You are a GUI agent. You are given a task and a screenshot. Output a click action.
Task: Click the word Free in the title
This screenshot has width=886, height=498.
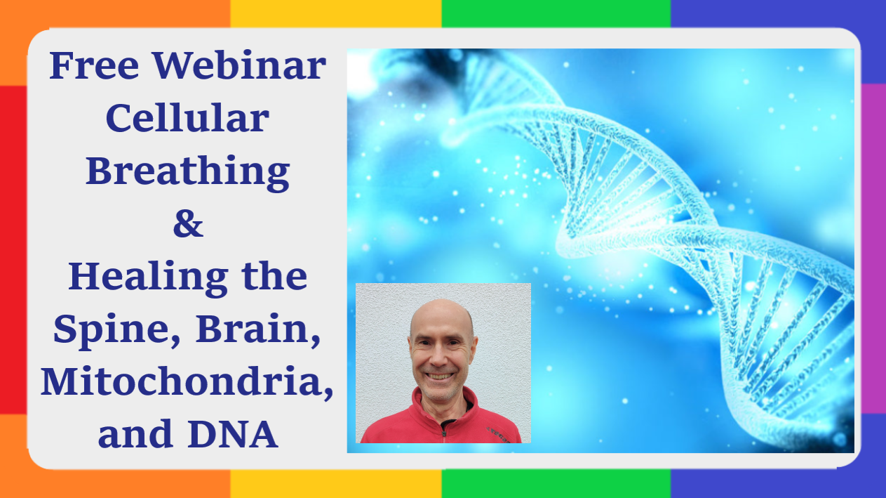click(x=94, y=65)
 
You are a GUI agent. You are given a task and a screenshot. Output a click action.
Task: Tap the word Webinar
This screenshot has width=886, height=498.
click(x=239, y=65)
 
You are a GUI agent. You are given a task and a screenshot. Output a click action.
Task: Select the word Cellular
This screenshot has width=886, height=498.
click(x=187, y=118)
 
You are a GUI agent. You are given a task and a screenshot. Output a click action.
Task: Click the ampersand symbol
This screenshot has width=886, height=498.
click(x=188, y=224)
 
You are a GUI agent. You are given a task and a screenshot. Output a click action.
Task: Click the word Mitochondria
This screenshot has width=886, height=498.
click(x=187, y=382)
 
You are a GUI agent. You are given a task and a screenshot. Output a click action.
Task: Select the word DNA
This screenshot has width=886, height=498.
click(x=233, y=434)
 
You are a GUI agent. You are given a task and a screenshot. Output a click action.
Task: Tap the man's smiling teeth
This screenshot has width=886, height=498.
click(x=438, y=376)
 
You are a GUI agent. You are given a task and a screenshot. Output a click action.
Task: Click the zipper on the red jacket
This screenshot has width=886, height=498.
click(x=444, y=429)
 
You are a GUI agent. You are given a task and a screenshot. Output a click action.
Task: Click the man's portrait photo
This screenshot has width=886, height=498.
click(x=443, y=363)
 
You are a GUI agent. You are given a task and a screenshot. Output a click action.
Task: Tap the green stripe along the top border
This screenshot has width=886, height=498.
click(x=556, y=13)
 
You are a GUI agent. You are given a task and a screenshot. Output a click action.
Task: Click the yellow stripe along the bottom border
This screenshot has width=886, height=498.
click(x=336, y=484)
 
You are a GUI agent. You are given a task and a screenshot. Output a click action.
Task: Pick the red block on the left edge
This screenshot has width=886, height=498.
click(x=13, y=249)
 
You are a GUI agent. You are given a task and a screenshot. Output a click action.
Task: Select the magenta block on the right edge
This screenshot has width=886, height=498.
click(x=873, y=249)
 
